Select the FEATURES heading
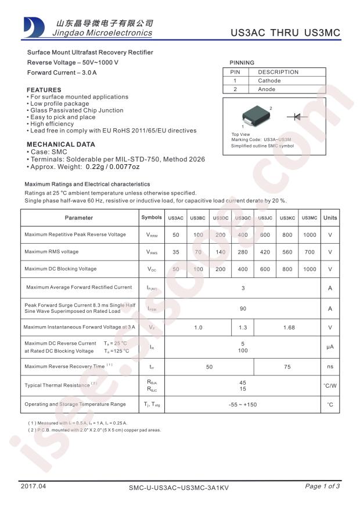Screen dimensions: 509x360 (x=44, y=90)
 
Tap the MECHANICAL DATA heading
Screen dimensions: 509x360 (x=60, y=145)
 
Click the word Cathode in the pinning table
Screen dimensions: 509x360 (x=269, y=81)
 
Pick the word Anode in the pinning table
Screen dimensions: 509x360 (x=267, y=89)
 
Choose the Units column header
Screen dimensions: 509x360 (x=330, y=218)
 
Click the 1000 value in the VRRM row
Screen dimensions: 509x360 (x=309, y=234)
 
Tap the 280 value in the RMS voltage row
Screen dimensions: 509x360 (x=243, y=252)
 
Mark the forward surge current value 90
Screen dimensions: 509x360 (x=243, y=309)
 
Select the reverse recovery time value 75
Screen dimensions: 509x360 (x=287, y=367)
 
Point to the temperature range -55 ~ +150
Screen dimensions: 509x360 (x=243, y=404)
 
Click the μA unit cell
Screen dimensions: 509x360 (x=330, y=347)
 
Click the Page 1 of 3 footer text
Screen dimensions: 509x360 (x=322, y=486)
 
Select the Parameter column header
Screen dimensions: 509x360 (x=79, y=218)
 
